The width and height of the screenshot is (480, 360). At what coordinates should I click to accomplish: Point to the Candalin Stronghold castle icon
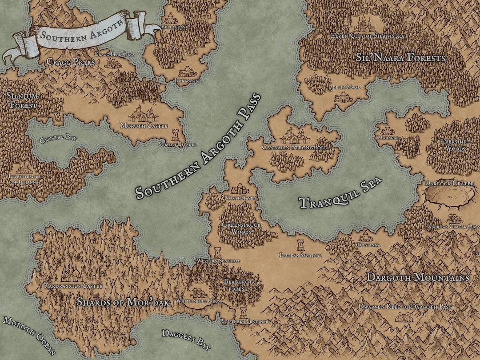coord(294,135)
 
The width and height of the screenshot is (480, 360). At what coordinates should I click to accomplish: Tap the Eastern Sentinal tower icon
coord(300,245)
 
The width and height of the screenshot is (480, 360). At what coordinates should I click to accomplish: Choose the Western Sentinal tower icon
coord(218,252)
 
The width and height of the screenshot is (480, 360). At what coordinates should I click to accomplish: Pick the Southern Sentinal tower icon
coord(244,312)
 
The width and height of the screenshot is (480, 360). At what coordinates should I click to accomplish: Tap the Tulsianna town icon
coord(365,236)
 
